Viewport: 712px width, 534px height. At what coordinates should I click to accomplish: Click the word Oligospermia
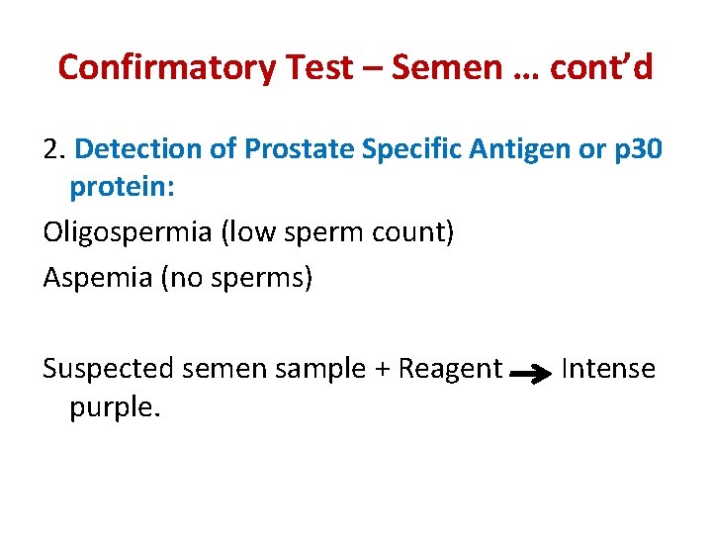127,233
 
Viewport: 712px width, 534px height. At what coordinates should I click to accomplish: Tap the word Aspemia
96,278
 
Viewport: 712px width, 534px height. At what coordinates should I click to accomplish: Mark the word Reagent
450,369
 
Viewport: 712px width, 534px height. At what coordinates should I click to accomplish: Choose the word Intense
607,369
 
